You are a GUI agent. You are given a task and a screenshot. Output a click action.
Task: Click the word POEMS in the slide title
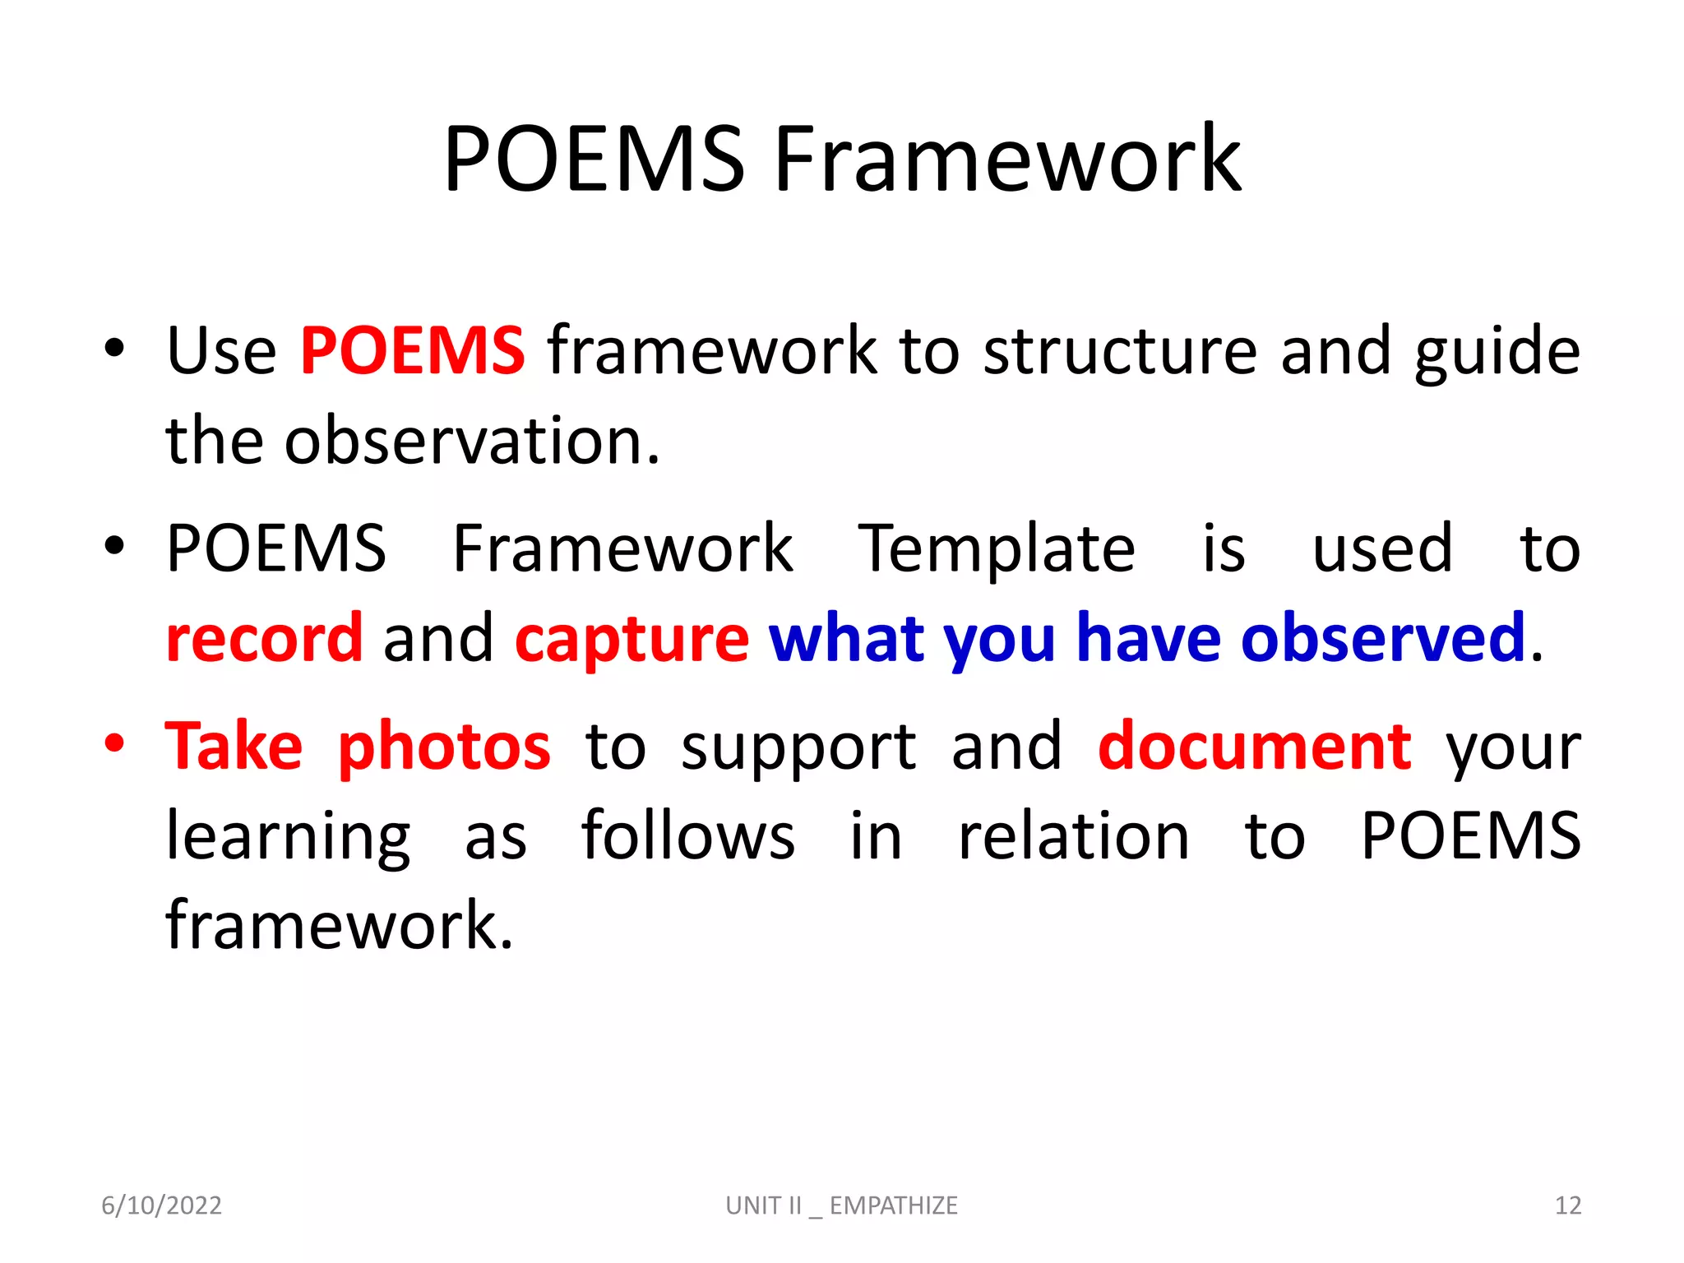coord(594,159)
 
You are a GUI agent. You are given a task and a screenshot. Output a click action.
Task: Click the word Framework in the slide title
coord(1007,159)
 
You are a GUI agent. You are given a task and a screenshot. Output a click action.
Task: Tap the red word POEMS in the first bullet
coord(412,351)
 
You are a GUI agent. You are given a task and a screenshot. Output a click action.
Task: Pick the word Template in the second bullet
coord(997,549)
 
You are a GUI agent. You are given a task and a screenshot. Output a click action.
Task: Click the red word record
coord(264,639)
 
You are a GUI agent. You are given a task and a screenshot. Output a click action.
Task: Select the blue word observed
coord(1383,639)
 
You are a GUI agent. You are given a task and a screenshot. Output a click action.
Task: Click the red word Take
coord(234,747)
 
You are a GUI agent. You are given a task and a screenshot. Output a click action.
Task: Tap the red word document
coord(1255,747)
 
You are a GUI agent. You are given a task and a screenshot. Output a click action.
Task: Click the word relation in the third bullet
coord(1074,836)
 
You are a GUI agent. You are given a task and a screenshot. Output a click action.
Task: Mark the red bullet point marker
coord(114,744)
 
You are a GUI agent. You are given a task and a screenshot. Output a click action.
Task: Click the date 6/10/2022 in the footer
coord(161,1205)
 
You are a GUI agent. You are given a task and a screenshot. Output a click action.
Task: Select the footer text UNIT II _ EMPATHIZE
coord(841,1205)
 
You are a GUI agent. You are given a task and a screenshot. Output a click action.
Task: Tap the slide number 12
coord(1567,1205)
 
